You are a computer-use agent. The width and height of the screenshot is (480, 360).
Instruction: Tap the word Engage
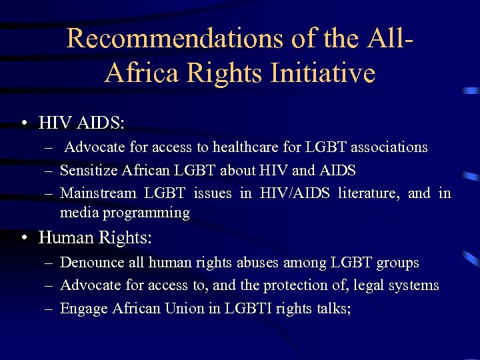[x=84, y=308]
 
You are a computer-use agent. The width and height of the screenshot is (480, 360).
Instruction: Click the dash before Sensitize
[x=49, y=171]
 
